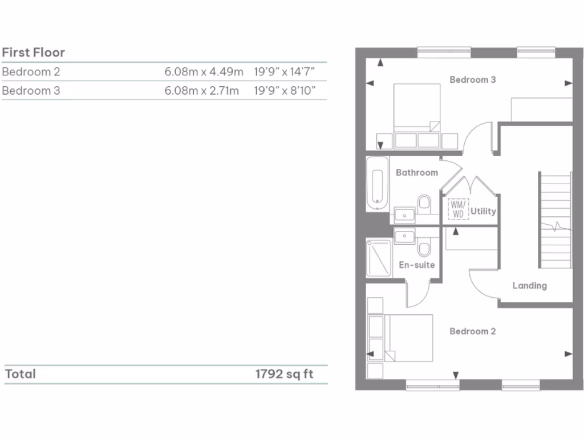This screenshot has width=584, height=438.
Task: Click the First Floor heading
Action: pyautogui.click(x=34, y=52)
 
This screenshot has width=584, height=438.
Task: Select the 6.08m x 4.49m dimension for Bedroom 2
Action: pyautogui.click(x=204, y=72)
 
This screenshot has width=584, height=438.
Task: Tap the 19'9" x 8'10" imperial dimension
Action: pyautogui.click(x=285, y=91)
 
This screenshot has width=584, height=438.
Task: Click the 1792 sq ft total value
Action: pyautogui.click(x=284, y=374)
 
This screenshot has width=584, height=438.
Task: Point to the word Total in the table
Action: pyautogui.click(x=21, y=374)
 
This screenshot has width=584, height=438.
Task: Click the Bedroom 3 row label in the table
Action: pyautogui.click(x=31, y=91)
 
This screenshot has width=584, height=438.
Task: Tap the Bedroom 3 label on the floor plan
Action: pyautogui.click(x=472, y=80)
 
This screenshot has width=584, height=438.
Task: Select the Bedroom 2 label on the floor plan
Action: pyautogui.click(x=472, y=331)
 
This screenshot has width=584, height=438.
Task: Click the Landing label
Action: pyautogui.click(x=529, y=286)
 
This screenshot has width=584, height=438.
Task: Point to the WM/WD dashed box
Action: pyautogui.click(x=458, y=209)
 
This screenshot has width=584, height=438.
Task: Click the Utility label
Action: pyautogui.click(x=483, y=211)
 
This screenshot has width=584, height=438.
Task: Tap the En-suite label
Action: pyautogui.click(x=416, y=265)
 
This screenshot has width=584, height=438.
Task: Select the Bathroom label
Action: pyautogui.click(x=416, y=172)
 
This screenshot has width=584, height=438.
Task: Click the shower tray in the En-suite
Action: pyautogui.click(x=379, y=258)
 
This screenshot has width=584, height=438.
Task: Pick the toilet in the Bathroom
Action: pyautogui.click(x=424, y=202)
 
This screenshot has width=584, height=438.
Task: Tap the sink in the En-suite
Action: pyautogui.click(x=405, y=236)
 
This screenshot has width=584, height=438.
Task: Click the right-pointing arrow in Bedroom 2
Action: pyautogui.click(x=568, y=354)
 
